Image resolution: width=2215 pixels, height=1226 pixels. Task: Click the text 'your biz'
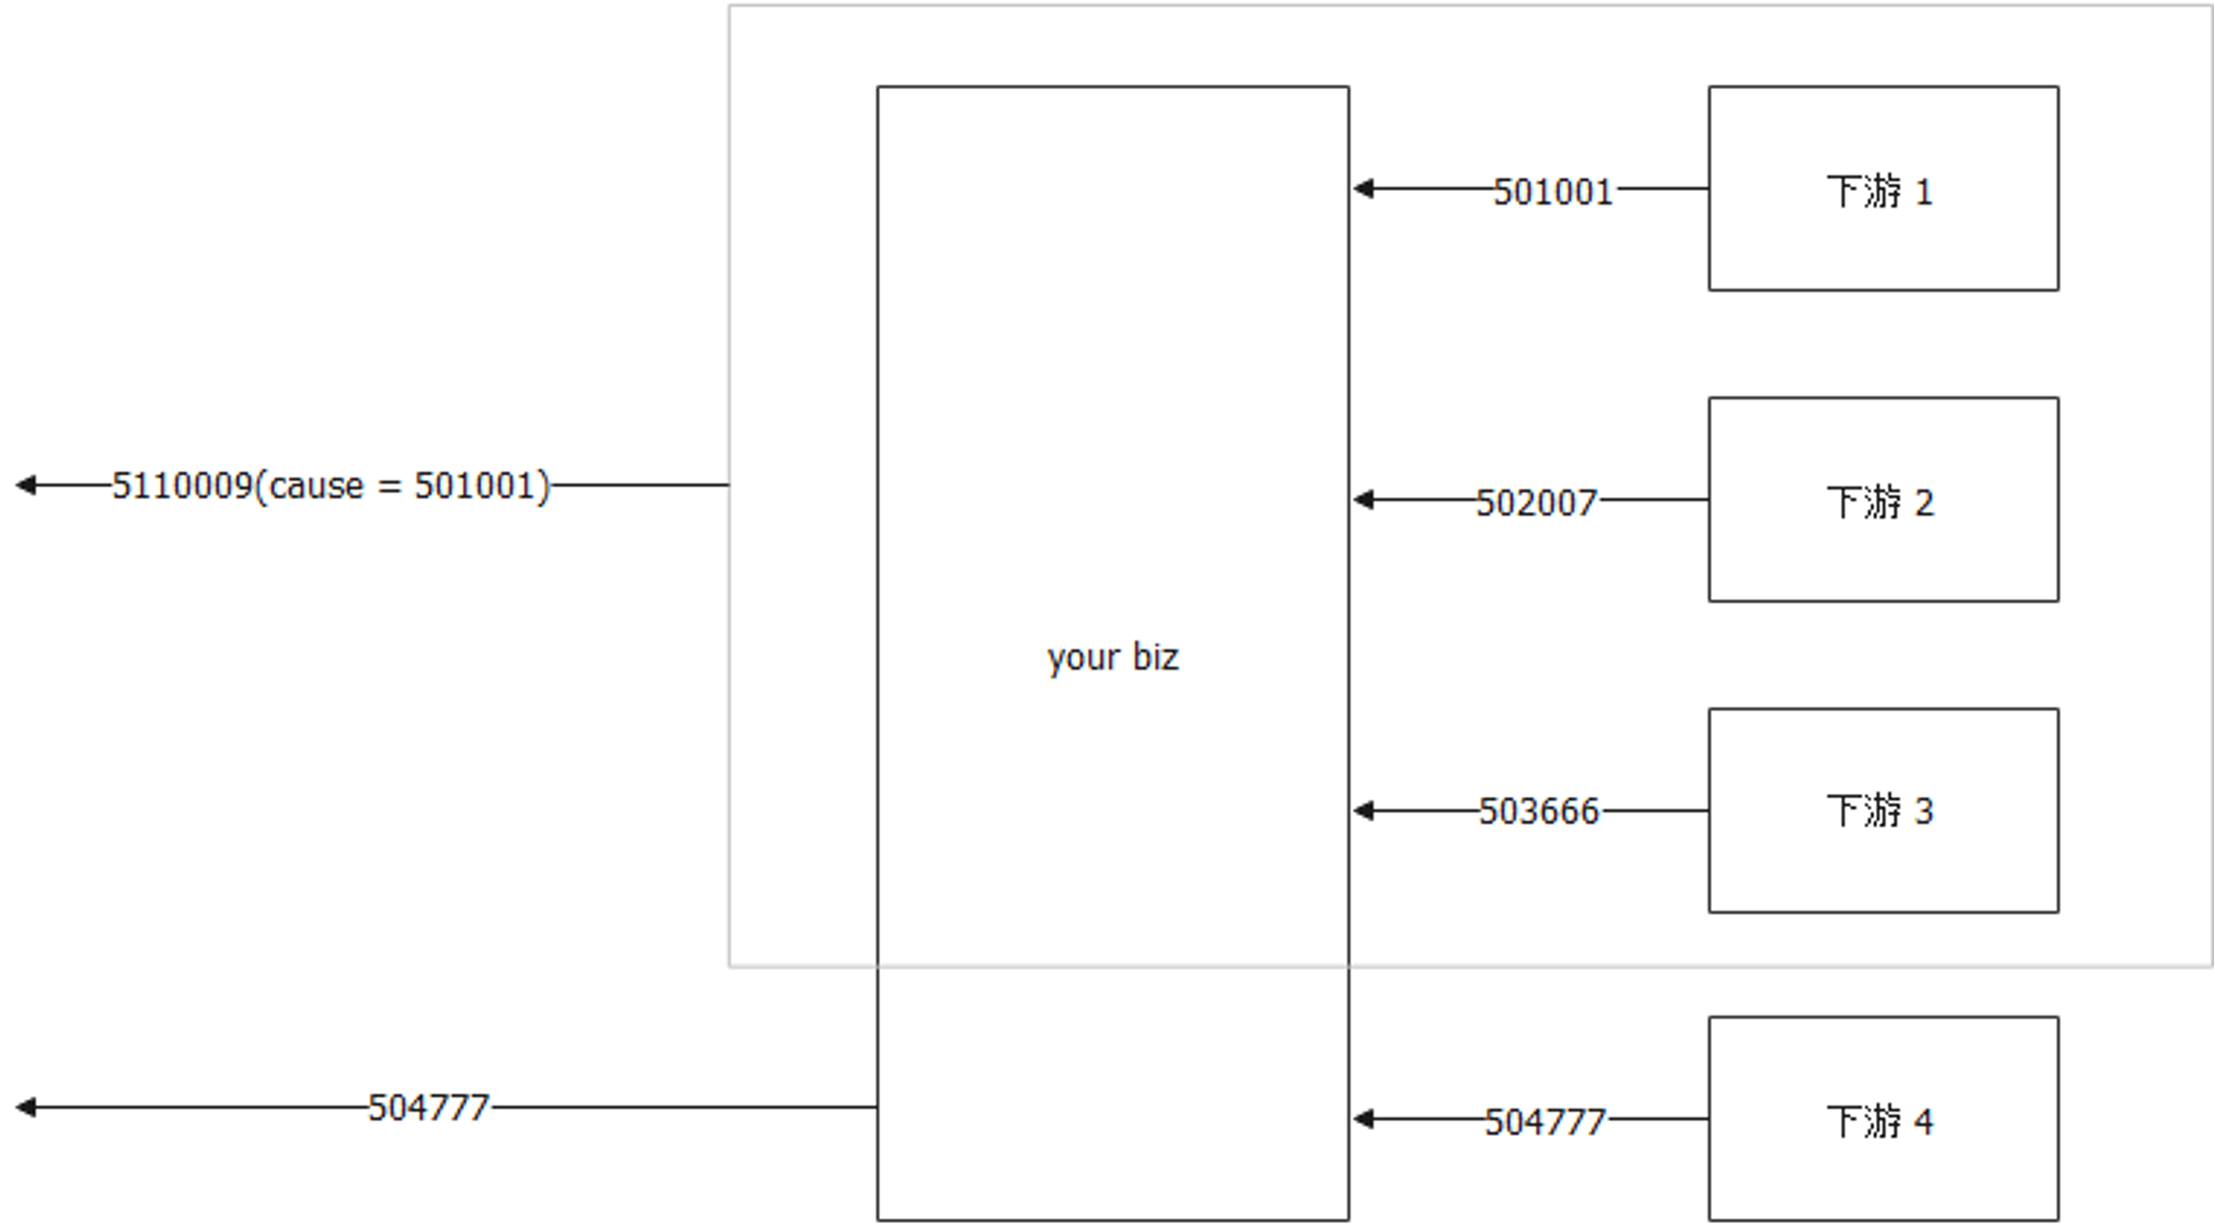click(x=1112, y=657)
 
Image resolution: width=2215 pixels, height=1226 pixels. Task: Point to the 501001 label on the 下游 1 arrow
click(x=1552, y=191)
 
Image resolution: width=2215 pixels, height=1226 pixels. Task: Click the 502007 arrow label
click(x=1537, y=502)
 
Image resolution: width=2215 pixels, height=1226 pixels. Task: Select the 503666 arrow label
click(x=1539, y=812)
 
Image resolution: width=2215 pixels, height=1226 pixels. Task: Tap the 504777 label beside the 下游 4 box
click(x=1545, y=1122)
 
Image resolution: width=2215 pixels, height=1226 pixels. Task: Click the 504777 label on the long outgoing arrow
click(x=428, y=1108)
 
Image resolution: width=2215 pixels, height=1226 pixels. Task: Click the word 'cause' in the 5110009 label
click(x=316, y=486)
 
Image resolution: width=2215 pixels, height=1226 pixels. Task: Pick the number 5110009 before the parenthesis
click(x=182, y=486)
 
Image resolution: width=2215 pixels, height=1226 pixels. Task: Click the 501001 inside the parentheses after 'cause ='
click(x=475, y=486)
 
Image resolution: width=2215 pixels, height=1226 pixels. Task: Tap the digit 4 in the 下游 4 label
click(x=1923, y=1122)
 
